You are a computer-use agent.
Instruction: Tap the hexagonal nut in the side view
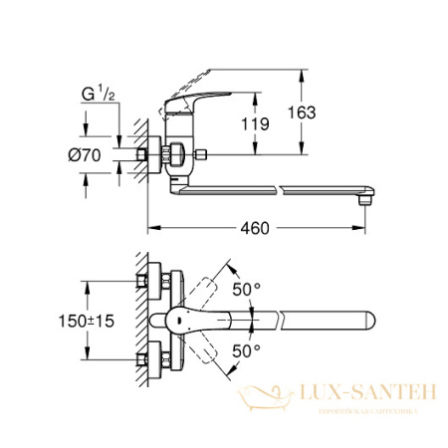[x=174, y=155]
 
